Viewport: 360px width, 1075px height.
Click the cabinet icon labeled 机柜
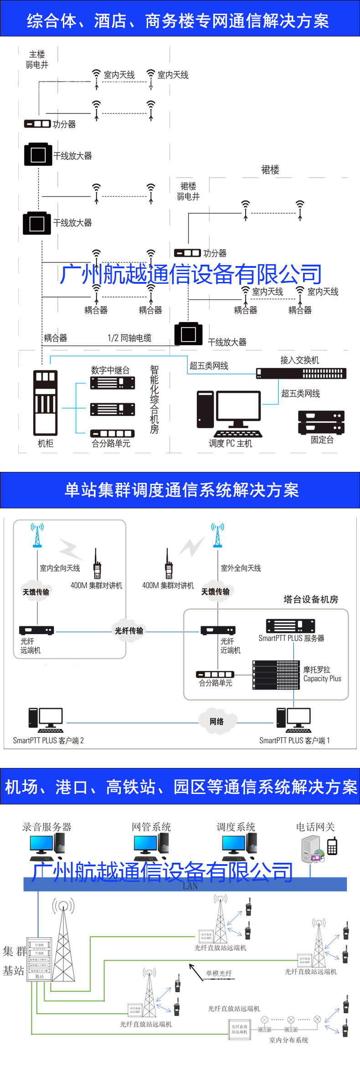pyautogui.click(x=45, y=403)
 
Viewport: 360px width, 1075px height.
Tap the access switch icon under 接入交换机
pyautogui.click(x=301, y=374)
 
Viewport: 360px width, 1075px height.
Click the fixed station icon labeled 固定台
pyautogui.click(x=321, y=422)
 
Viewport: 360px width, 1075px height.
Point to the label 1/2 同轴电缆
pyautogui.click(x=129, y=338)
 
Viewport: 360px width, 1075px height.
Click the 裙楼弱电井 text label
pyautogui.click(x=188, y=191)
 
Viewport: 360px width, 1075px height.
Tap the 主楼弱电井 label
pyautogui.click(x=37, y=60)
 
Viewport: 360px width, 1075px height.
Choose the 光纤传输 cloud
pyautogui.click(x=129, y=630)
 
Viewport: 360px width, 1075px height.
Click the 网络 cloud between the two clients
pyautogui.click(x=217, y=722)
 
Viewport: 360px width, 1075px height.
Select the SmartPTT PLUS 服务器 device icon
pyautogui.click(x=291, y=626)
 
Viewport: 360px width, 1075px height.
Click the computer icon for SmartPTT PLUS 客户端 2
pyautogui.click(x=46, y=719)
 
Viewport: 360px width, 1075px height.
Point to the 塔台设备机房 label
pyautogui.click(x=311, y=599)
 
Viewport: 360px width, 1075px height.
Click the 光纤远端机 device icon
pyautogui.click(x=36, y=630)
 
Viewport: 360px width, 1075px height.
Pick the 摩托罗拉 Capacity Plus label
pyautogui.click(x=322, y=674)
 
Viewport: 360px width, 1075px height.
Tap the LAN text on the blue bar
pyautogui.click(x=190, y=886)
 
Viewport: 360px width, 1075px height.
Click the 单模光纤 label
pyautogui.click(x=219, y=973)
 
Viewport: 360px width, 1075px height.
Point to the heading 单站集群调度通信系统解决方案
pyautogui.click(x=181, y=490)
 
